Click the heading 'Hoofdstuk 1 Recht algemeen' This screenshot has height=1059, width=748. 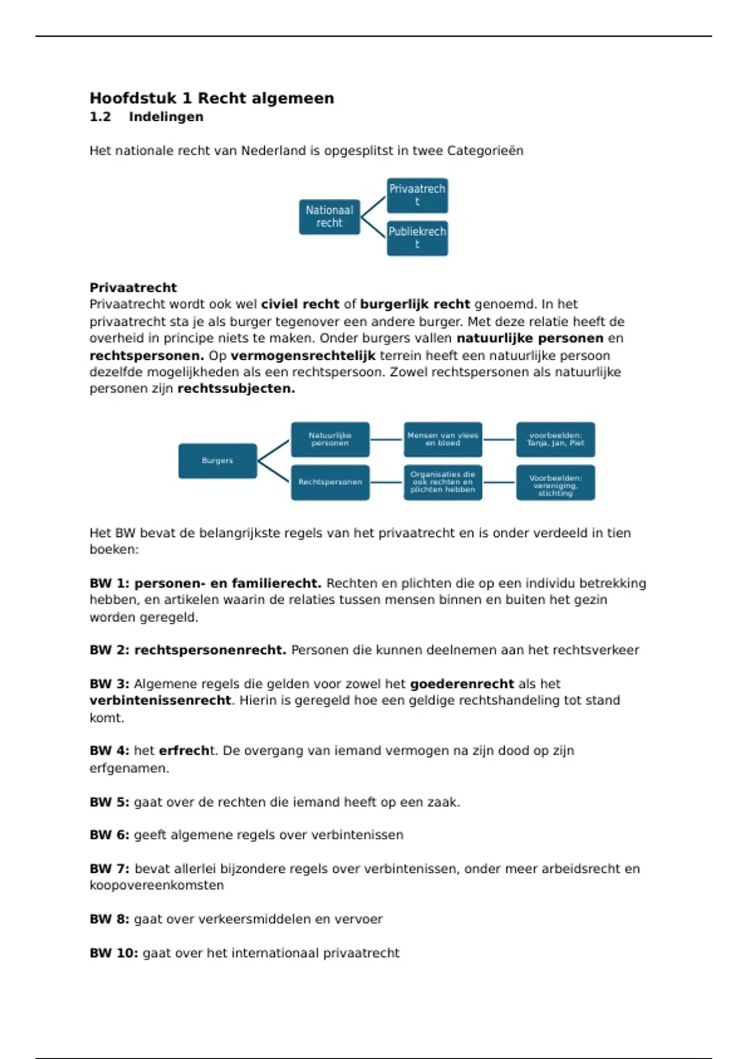[211, 98]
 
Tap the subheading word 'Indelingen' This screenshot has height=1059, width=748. [166, 117]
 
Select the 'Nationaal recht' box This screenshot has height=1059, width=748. [329, 217]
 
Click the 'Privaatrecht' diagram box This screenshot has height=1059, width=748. [417, 195]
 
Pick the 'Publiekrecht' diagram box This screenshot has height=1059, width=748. [417, 238]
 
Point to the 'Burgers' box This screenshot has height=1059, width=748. [217, 461]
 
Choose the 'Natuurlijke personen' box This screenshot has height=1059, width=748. [330, 439]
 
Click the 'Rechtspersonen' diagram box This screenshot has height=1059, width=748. [330, 482]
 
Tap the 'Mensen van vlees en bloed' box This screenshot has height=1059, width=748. [443, 439]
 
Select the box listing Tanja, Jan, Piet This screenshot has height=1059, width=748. [555, 439]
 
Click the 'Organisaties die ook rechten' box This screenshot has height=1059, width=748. [443, 482]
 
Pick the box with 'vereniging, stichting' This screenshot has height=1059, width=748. [555, 483]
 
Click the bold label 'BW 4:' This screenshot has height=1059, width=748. [109, 751]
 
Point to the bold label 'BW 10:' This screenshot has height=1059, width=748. [113, 953]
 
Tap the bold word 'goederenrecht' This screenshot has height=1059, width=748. [462, 684]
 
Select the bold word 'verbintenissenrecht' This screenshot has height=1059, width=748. [160, 701]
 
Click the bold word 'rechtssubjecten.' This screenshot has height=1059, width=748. [236, 389]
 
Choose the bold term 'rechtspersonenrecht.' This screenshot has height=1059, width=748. [210, 650]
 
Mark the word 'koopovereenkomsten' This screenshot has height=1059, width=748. [156, 886]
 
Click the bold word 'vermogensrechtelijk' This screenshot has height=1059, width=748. [303, 356]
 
